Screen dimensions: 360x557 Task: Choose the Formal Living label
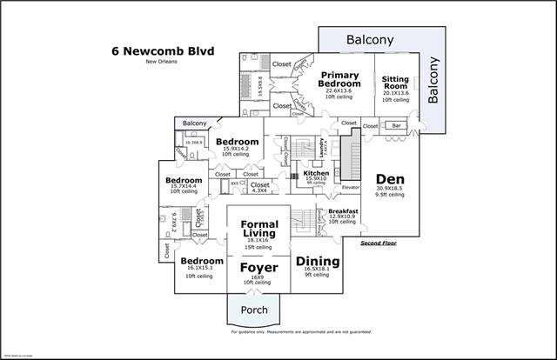(258, 229)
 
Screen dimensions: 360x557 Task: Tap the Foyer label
(258, 267)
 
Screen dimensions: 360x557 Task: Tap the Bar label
(397, 125)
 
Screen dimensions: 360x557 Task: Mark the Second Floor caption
(379, 243)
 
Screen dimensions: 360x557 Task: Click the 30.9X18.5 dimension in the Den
(389, 189)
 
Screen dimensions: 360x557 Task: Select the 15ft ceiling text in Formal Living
(258, 247)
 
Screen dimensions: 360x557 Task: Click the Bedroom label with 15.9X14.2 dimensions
(237, 142)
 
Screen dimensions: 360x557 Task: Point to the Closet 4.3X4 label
(259, 185)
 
